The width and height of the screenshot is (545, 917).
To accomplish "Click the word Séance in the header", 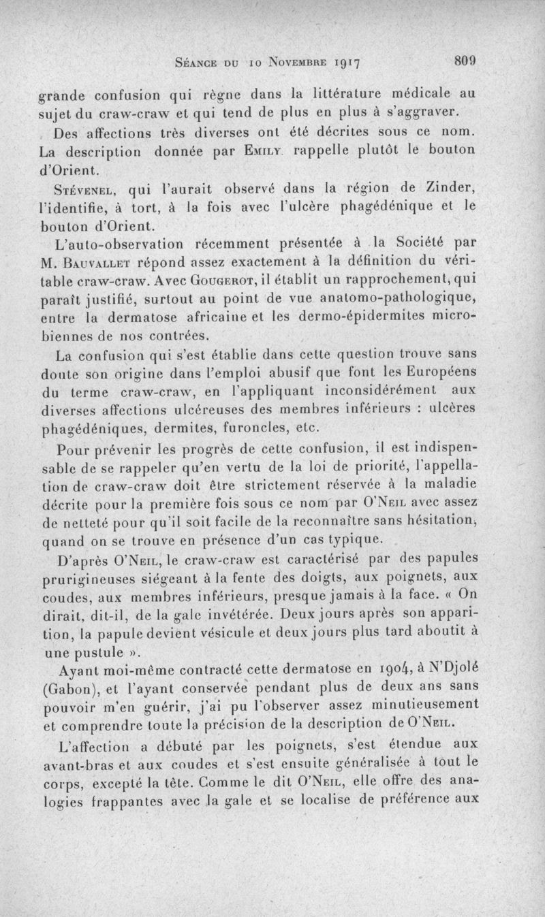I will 198,63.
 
